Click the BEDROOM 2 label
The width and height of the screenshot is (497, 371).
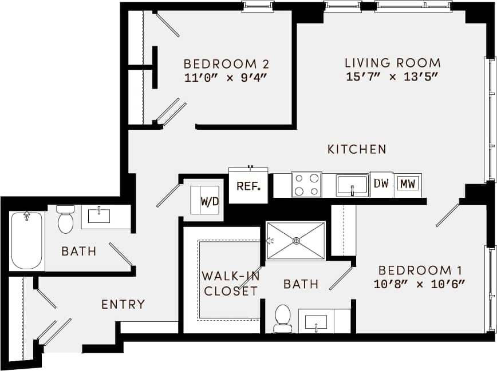[226, 63]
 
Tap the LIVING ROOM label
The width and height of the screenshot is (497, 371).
[392, 63]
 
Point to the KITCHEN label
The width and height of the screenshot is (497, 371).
[357, 149]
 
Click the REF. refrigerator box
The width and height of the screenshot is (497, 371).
[249, 186]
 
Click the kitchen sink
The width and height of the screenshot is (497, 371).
[352, 185]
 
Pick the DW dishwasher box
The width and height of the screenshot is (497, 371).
[381, 183]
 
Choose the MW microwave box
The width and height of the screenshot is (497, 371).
[408, 183]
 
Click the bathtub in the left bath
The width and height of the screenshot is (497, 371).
[27, 240]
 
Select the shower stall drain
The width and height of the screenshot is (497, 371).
[296, 241]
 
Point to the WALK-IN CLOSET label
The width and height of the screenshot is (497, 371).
[230, 284]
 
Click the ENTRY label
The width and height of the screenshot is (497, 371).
[123, 305]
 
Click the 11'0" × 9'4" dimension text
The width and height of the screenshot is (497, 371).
[226, 77]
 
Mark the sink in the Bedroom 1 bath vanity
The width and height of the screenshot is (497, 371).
[315, 321]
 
